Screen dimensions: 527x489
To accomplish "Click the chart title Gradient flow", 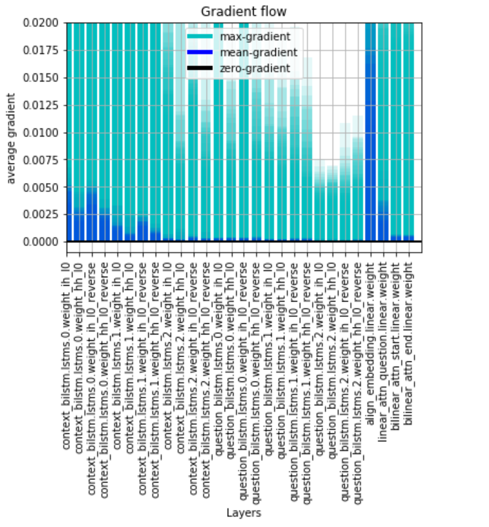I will (x=244, y=12).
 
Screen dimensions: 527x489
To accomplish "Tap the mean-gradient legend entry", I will (x=259, y=52).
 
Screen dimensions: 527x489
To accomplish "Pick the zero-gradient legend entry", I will (x=255, y=68).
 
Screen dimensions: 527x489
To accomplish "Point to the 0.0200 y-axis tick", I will (x=40, y=23).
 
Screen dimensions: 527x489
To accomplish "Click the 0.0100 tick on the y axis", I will (x=40, y=133).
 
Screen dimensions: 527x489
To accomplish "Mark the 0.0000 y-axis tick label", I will (x=40, y=242).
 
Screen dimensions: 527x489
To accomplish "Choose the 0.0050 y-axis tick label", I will (x=40, y=187).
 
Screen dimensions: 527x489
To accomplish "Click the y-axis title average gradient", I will (x=11, y=139).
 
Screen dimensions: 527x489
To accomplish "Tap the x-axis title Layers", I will (x=244, y=513).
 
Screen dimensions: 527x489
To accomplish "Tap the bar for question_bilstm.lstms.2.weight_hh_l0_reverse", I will (x=358, y=192).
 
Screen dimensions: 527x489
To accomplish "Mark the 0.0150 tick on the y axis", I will (x=40, y=78).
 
